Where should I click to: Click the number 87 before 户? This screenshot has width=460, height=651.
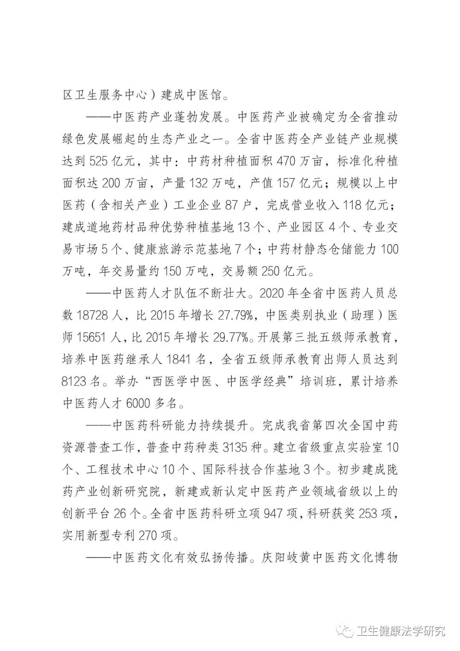(x=234, y=205)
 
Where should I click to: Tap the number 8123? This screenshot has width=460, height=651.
(x=74, y=381)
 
